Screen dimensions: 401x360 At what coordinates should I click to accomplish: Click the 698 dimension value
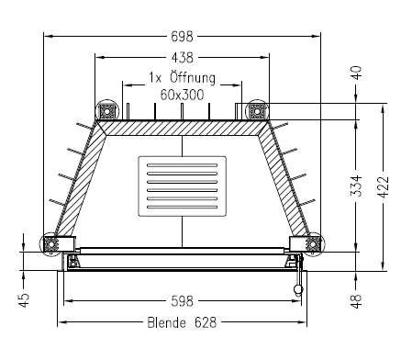point(182,37)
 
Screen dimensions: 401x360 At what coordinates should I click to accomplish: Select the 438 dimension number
point(183,58)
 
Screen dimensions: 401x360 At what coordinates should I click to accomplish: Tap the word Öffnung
point(193,77)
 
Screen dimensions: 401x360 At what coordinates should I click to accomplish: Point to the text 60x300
point(182,95)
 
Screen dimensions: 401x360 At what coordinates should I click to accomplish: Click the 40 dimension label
point(357,73)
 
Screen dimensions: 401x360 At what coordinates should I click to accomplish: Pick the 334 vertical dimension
point(356,186)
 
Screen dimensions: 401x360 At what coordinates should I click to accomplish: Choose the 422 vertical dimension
point(384,187)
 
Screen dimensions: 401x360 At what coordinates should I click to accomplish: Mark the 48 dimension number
point(357,301)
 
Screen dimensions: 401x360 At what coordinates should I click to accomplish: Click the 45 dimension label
point(24,300)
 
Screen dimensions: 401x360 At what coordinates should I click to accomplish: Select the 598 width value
point(183,301)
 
